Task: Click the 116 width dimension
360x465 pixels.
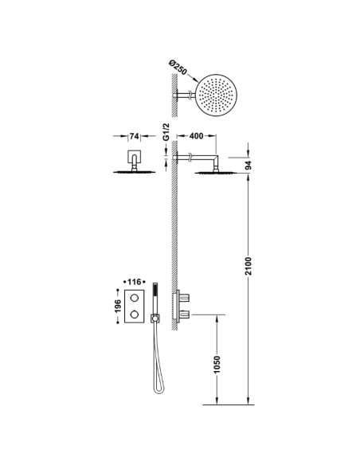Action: (131, 283)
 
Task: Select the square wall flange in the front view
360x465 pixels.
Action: (132, 158)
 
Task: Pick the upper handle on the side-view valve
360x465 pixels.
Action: (187, 296)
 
